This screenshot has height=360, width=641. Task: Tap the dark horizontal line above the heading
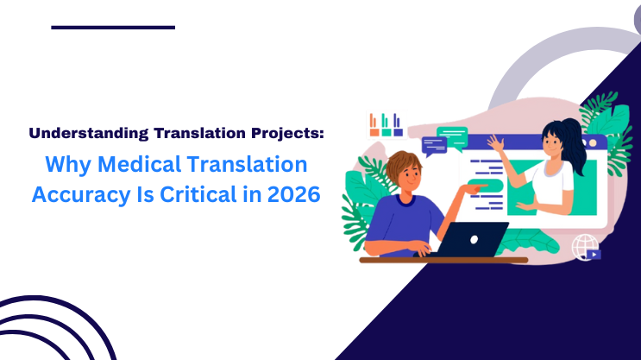pos(113,28)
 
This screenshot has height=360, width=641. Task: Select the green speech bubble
pos(452,134)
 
